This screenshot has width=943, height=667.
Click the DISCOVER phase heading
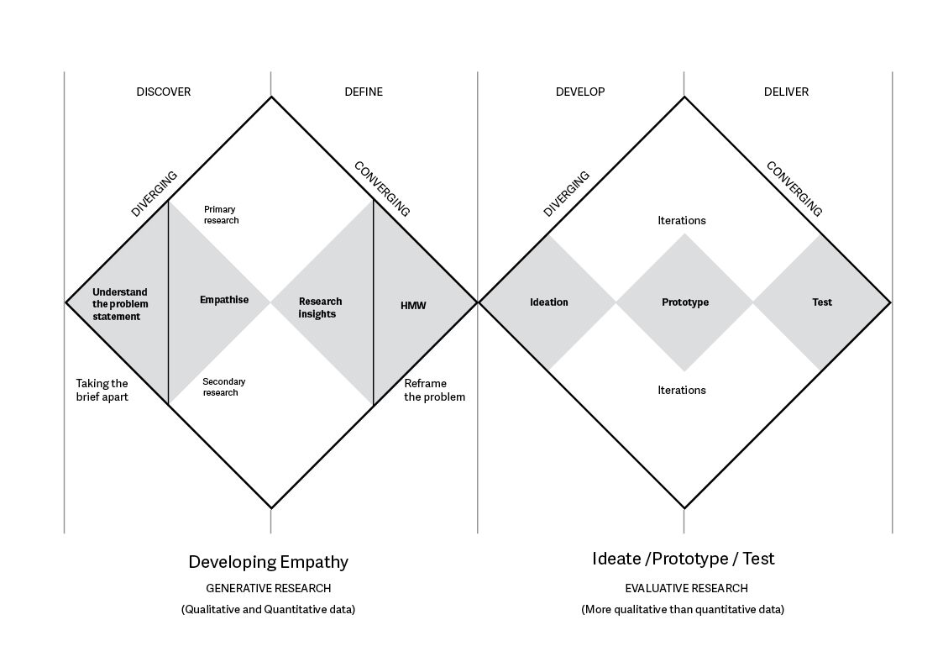tap(164, 92)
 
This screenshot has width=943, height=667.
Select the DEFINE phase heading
tap(364, 92)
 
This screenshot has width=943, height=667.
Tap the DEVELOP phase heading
tap(580, 92)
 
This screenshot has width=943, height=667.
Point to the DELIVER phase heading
tap(786, 92)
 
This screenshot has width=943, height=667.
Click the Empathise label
tap(224, 300)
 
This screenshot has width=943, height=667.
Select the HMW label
tap(413, 306)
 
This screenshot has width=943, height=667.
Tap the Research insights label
tap(320, 307)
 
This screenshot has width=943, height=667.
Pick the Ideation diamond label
tap(549, 302)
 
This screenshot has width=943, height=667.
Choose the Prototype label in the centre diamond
tap(685, 302)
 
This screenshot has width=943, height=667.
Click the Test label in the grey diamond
tap(822, 302)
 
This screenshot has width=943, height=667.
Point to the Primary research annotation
tap(221, 215)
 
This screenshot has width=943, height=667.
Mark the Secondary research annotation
tap(224, 386)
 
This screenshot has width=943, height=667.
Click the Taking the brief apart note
tap(102, 390)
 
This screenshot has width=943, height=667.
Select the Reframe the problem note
tap(434, 390)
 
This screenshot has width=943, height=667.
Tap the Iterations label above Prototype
tap(682, 221)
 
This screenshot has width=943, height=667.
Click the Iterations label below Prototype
tap(682, 390)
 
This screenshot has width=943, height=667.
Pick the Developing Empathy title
tap(268, 562)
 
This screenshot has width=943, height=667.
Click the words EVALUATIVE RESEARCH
tap(686, 588)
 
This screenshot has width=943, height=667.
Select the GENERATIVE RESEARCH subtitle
tap(269, 588)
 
